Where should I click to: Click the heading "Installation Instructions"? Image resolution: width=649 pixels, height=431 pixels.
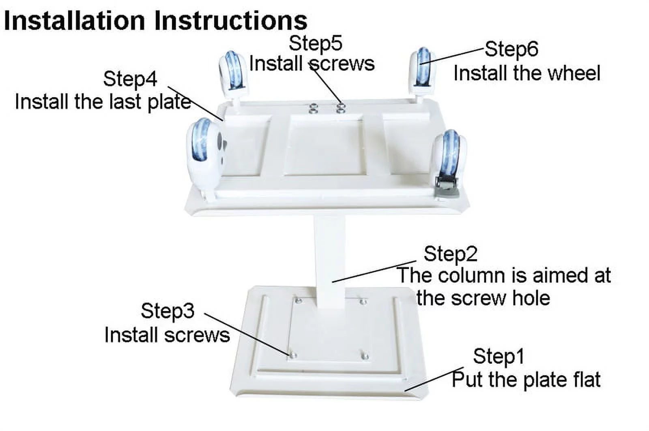(156, 21)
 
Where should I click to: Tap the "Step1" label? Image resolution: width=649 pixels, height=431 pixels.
(499, 356)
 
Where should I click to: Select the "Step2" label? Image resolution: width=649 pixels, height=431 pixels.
(451, 254)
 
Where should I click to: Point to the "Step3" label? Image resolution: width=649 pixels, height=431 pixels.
(168, 311)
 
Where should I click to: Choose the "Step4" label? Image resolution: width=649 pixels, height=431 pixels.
(130, 79)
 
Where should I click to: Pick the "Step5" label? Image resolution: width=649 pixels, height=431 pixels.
(316, 43)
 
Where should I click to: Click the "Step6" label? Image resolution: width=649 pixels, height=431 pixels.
(511, 49)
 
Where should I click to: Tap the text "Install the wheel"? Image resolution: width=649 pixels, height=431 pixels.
(527, 73)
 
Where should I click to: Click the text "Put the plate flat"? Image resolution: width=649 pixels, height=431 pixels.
(526, 380)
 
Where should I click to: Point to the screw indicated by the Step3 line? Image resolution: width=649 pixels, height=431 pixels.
(293, 354)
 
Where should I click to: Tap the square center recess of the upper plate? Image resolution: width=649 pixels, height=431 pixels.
(325, 145)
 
